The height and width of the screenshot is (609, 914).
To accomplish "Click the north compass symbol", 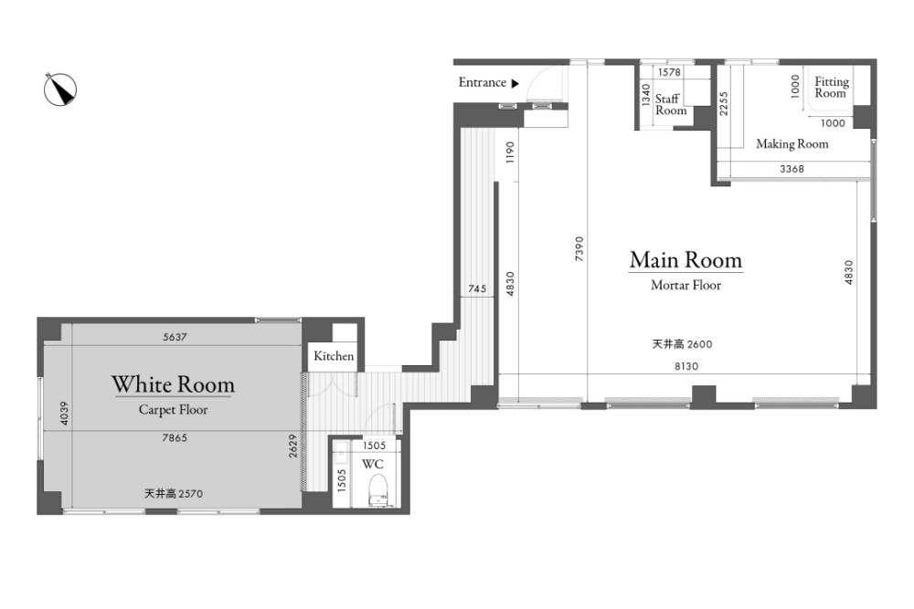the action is (x=60, y=89).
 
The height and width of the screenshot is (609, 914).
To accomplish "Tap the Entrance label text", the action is (x=482, y=83).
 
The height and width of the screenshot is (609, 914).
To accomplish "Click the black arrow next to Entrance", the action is (x=515, y=83).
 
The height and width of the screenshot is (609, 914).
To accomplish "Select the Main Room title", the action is (x=686, y=259).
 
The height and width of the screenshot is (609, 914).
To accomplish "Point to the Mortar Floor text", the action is (x=686, y=285).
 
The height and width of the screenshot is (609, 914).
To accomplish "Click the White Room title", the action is (x=173, y=384).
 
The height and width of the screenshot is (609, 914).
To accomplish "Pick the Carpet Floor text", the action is (x=173, y=410).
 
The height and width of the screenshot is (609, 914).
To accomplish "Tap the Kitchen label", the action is (x=334, y=356).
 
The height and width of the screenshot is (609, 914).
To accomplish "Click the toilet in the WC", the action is (x=378, y=490).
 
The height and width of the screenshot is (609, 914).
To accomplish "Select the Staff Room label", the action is (x=670, y=105).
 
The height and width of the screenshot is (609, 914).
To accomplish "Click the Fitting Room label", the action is (x=832, y=88).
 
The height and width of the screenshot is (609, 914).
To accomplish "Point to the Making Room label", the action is (x=792, y=144).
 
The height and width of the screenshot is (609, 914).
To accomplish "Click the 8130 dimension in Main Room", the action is (x=686, y=366).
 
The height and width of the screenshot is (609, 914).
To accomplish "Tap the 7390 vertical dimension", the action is (x=579, y=248).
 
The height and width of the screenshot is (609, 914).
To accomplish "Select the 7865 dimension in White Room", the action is (x=175, y=438).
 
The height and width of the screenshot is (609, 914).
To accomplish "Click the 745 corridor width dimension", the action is (x=477, y=289).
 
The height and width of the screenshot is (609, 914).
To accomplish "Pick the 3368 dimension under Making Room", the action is (x=792, y=169).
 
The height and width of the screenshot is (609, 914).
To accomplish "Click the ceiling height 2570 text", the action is (x=174, y=494).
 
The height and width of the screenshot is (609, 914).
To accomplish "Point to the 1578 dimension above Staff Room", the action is (x=669, y=72).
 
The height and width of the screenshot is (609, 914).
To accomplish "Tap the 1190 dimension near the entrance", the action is (x=511, y=152).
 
